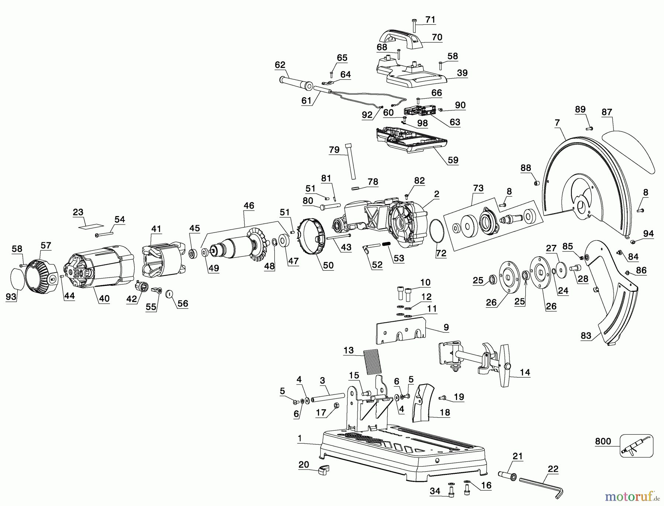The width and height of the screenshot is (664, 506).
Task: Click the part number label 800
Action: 603,441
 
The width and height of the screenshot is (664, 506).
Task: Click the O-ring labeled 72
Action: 438,231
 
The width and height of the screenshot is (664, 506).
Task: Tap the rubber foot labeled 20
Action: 323,470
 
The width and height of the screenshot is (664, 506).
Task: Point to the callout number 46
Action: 249,206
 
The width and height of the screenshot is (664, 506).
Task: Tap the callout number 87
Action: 606,112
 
